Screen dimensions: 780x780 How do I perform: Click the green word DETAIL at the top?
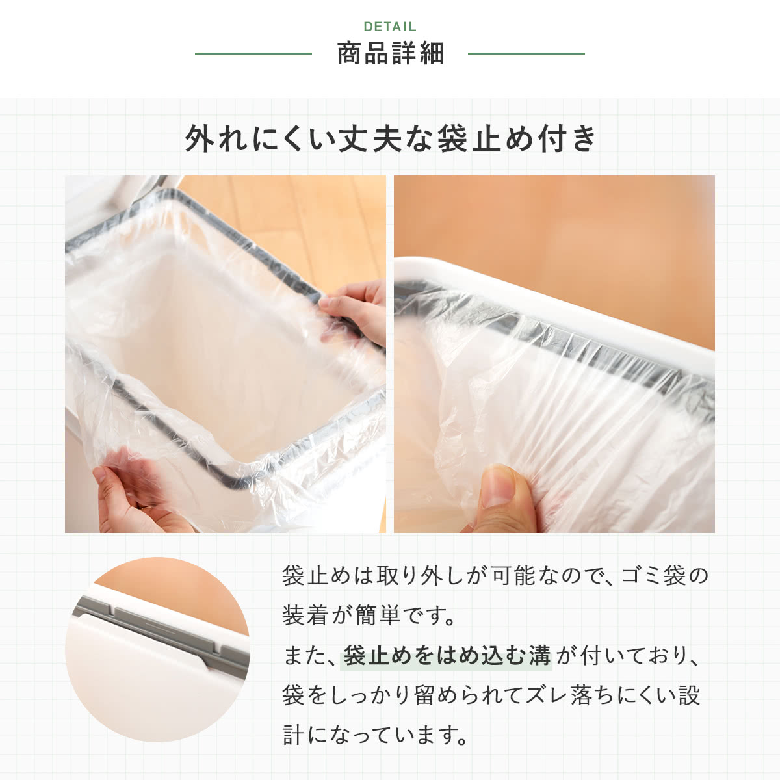coord(390,27)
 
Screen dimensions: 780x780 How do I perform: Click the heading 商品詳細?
coord(390,53)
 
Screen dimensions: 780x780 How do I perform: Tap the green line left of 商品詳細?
coord(253,53)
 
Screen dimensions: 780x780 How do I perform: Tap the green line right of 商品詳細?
coord(526,53)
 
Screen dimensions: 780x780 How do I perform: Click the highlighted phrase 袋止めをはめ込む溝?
coord(447,656)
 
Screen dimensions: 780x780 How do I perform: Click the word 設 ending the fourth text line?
coord(690,695)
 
